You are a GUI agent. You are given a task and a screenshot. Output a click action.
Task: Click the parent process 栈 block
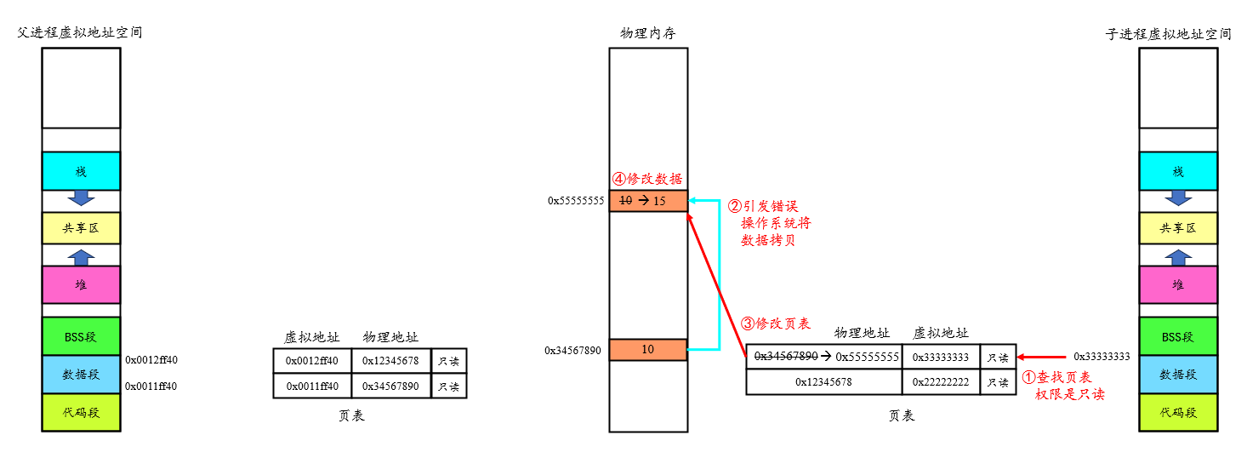[x=81, y=171]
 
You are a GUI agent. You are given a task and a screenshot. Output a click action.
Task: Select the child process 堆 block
[x=1178, y=284]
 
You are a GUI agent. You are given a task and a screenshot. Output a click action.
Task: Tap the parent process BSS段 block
[x=81, y=336]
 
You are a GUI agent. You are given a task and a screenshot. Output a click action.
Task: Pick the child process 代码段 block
[x=1178, y=413]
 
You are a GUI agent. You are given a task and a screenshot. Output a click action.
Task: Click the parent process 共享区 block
[x=81, y=228]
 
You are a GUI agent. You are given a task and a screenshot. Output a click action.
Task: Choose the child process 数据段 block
[x=1178, y=375]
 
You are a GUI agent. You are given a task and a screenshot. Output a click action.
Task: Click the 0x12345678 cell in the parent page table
[x=390, y=360]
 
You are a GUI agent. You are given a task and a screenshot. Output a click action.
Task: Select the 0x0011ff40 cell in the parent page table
[x=312, y=386]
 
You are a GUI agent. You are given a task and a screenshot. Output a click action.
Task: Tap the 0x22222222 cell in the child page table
[x=941, y=382]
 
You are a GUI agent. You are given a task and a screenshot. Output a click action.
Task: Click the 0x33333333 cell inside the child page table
[x=941, y=357]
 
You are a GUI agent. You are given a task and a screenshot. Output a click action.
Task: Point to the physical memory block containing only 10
[x=648, y=350]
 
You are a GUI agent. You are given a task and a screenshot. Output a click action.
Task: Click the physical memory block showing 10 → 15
[x=648, y=201]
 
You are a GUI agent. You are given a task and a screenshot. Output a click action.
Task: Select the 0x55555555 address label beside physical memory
[x=576, y=202]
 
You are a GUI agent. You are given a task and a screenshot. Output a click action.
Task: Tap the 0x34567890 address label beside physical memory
[x=573, y=351]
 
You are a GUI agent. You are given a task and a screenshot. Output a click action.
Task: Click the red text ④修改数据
[x=648, y=180]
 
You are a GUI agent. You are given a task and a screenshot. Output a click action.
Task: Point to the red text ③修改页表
[x=776, y=323]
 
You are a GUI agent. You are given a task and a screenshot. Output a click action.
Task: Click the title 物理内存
[x=648, y=34]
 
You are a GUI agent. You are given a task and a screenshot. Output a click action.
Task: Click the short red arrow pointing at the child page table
[x=1042, y=357]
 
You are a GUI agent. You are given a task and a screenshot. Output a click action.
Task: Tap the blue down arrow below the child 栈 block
[x=1178, y=198]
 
